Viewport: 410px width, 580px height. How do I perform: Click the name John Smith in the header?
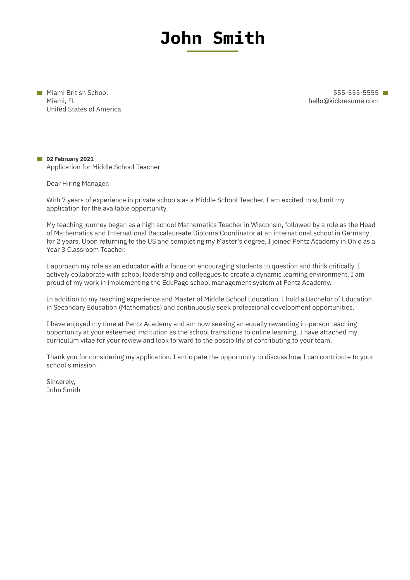point(212,38)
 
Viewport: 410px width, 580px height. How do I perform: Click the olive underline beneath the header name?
point(212,51)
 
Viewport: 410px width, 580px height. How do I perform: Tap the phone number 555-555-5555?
point(356,93)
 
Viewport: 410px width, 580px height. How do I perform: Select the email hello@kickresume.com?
point(343,101)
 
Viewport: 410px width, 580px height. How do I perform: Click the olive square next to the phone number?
point(385,93)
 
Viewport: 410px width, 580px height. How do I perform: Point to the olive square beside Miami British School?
point(40,93)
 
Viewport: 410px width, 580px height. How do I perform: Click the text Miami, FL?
point(61,101)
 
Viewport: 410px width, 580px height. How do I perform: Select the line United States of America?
point(84,109)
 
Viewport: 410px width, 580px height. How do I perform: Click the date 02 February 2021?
point(70,159)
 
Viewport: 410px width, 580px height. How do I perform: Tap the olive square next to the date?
point(40,159)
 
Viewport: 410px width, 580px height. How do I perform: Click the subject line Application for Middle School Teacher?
point(103,167)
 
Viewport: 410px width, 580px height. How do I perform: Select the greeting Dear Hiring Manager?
point(77,184)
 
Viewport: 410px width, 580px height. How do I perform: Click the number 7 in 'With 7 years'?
point(64,200)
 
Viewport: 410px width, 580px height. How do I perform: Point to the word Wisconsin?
point(266,225)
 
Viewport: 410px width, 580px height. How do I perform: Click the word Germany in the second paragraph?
point(355,233)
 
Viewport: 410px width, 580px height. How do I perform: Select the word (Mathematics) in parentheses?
point(141,308)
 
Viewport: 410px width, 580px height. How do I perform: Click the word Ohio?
point(354,241)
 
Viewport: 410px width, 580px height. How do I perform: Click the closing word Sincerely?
point(61,382)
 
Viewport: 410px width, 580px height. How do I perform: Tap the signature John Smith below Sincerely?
point(63,390)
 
